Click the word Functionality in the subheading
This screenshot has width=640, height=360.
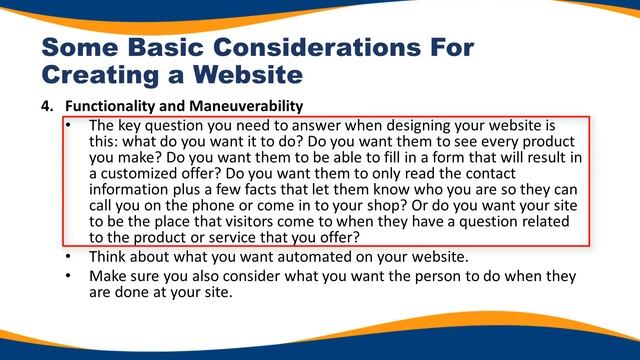[x=113, y=106]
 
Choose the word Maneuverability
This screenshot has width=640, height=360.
[x=248, y=106]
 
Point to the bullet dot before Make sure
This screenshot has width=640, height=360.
[x=68, y=276]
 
